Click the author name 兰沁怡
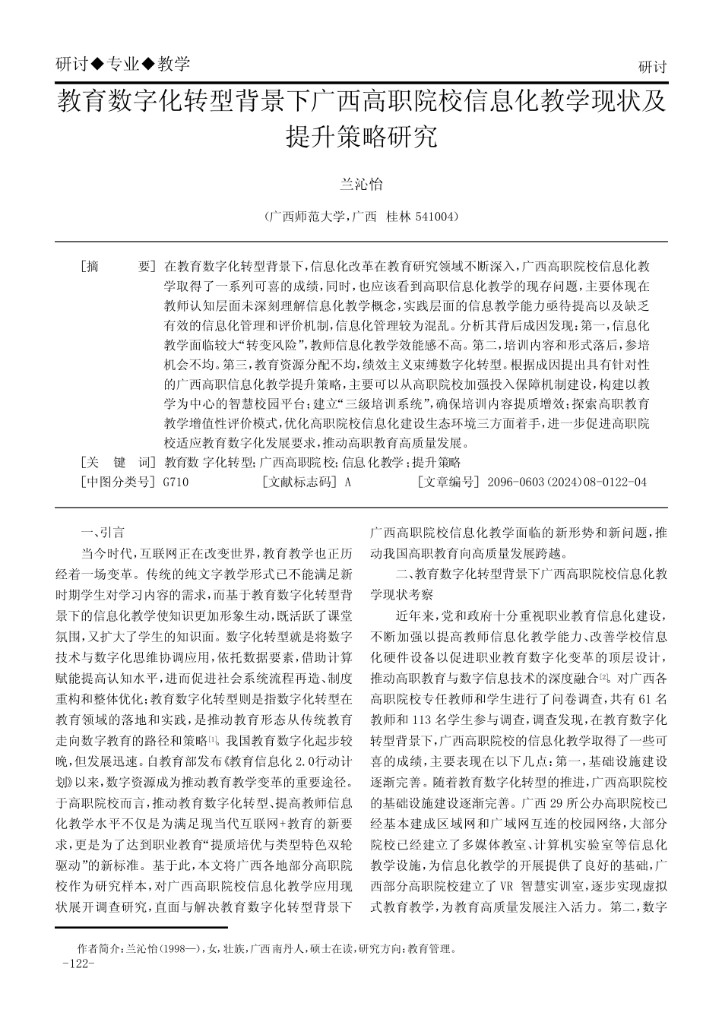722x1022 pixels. coord(360,185)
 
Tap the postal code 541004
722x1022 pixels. coord(435,217)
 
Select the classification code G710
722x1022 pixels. coord(176,482)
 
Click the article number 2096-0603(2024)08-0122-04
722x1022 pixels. coord(566,482)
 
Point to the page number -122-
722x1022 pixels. coord(78,963)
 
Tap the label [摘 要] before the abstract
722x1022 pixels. coord(117,267)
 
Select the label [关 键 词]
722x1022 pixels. coord(117,462)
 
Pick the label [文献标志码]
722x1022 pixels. coord(298,482)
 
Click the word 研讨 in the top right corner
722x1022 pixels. coord(652,67)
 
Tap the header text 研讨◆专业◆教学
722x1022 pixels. coord(123,65)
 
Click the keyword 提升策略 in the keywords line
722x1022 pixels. coord(436,462)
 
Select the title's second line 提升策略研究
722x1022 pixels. coord(361,137)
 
